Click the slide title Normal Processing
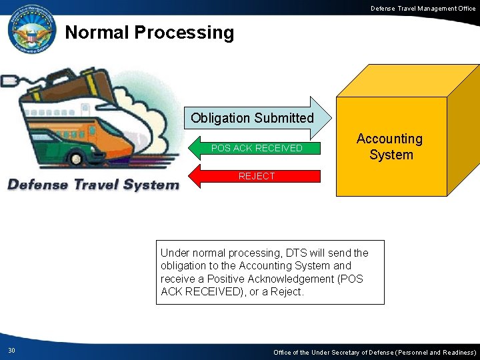click(x=149, y=33)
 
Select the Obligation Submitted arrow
click(x=253, y=118)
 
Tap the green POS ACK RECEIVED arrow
click(x=256, y=148)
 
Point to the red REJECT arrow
click(x=257, y=176)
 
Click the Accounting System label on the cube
click(x=390, y=147)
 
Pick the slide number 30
click(x=11, y=351)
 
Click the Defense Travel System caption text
click(x=93, y=185)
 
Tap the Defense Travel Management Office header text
click(x=423, y=8)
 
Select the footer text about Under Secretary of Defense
click(x=375, y=352)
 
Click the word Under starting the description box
click(x=175, y=253)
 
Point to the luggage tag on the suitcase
click(x=10, y=81)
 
